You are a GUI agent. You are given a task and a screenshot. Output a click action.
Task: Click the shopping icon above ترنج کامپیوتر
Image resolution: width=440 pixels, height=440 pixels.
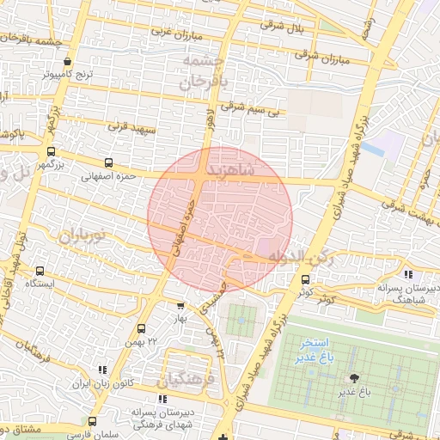pos(68,62)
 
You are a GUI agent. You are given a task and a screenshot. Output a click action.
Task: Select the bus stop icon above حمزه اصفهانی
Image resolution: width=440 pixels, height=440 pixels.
pos(108,162)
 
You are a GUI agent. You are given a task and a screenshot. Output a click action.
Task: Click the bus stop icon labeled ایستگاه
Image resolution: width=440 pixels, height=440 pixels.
pos(40,272)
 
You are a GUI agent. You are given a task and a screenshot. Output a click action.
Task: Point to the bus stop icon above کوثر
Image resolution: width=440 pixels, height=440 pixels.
pos(305,279)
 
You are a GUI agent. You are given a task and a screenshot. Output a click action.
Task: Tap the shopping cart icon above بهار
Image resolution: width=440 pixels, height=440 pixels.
pos(180,306)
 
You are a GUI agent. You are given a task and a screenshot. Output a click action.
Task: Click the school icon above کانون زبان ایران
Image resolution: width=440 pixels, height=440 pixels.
pos(101,370)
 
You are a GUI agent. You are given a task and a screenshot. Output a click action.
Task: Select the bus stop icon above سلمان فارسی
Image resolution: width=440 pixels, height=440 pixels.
pos(93,421)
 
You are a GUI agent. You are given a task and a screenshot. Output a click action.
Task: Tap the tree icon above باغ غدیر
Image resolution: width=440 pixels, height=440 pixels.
pos(353,378)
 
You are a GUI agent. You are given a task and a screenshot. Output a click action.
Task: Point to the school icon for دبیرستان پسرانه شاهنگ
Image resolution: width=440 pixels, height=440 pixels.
pos(394,274)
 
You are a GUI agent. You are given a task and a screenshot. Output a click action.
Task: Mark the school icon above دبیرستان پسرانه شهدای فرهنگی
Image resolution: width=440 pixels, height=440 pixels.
pos(162,399)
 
